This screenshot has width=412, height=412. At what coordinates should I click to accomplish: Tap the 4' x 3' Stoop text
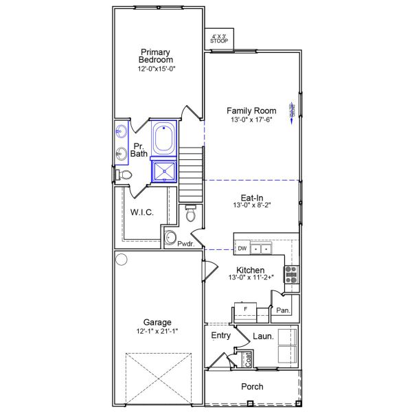(x=219, y=38)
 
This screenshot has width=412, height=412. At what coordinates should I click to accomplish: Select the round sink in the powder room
(x=171, y=238)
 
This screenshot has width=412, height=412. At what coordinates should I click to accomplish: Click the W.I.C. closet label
(x=142, y=213)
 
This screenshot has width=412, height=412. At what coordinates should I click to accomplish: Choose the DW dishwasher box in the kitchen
(x=242, y=249)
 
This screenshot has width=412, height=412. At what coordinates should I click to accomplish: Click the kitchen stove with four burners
(x=290, y=274)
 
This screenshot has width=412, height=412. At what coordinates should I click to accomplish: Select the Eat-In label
(x=253, y=197)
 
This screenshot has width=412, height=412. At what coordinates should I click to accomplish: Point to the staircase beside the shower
(x=193, y=172)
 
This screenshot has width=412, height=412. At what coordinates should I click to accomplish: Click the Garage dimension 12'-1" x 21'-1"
(x=157, y=332)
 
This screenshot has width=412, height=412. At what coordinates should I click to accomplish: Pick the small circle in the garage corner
(x=122, y=260)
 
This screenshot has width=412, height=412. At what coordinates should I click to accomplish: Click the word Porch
(x=252, y=387)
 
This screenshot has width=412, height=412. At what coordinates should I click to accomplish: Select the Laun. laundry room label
(x=264, y=336)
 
